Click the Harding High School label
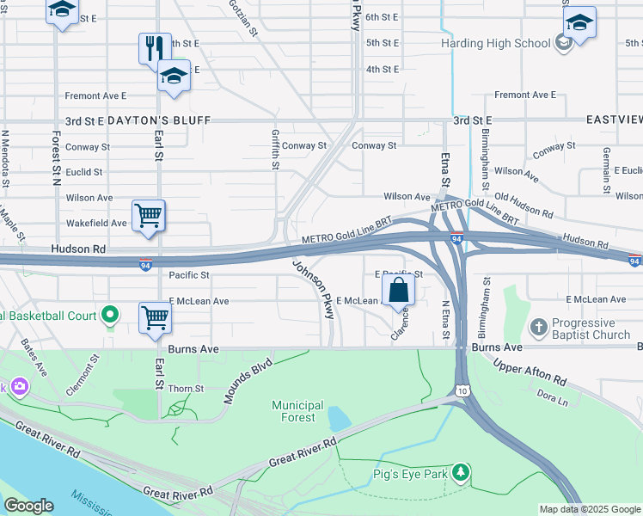click(495, 43)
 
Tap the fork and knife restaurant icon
click(155, 47)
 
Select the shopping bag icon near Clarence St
click(398, 290)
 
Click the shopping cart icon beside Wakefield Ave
click(149, 216)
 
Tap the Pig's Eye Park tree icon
click(462, 472)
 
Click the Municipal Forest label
click(297, 411)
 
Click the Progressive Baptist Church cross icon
click(538, 326)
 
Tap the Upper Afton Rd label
click(530, 367)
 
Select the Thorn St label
click(185, 389)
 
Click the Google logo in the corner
click(28, 506)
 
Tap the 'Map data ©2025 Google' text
click(590, 509)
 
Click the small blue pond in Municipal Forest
click(339, 418)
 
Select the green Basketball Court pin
click(109, 316)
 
